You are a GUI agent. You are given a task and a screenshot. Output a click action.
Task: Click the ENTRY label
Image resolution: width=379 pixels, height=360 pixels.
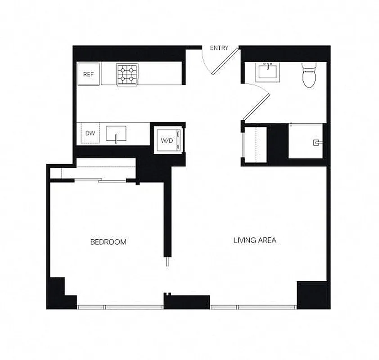[x=219, y=48]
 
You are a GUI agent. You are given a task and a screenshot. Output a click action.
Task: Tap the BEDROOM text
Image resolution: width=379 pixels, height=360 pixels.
[x=108, y=242]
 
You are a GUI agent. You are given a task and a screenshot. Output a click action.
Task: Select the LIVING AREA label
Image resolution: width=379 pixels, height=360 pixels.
[x=254, y=240]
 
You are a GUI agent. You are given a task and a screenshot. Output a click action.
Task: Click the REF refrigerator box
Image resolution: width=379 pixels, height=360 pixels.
[x=89, y=74]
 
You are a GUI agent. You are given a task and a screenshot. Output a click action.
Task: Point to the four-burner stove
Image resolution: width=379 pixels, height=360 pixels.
[x=127, y=74]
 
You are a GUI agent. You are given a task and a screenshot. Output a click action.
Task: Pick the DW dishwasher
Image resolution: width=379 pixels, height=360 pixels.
[x=90, y=134]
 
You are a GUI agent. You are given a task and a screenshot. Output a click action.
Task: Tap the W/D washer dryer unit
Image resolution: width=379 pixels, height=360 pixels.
[x=167, y=140]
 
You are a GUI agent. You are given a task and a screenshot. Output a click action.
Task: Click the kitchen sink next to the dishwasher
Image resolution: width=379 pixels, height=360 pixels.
[x=116, y=134]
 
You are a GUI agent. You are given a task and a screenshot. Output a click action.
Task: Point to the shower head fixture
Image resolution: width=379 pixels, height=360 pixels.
[x=317, y=143]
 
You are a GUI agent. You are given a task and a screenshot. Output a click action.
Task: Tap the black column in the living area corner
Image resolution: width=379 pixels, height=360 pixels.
[x=312, y=294]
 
